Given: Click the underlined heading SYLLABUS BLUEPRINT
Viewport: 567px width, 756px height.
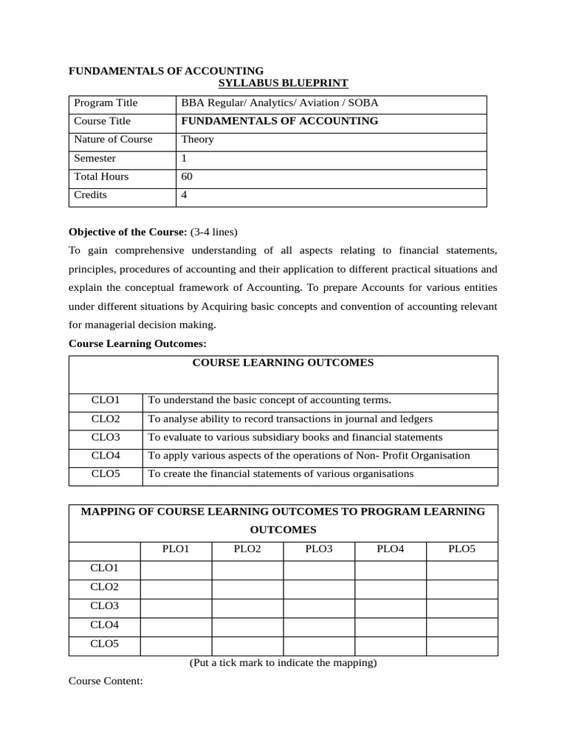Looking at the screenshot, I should pyautogui.click(x=283, y=83).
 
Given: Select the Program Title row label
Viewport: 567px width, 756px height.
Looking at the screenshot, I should pyautogui.click(x=106, y=103).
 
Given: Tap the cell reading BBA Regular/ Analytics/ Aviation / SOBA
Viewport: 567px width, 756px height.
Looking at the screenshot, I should pyautogui.click(x=280, y=103).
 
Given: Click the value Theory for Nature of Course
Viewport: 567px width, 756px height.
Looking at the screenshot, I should pyautogui.click(x=197, y=140).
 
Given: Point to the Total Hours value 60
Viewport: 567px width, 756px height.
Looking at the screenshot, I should pyautogui.click(x=187, y=176).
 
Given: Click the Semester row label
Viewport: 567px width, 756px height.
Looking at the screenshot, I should pyautogui.click(x=95, y=158).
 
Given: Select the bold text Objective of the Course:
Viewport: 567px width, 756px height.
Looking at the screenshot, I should pyautogui.click(x=128, y=231).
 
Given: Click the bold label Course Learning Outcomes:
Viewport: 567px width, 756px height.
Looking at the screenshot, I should pyautogui.click(x=137, y=343).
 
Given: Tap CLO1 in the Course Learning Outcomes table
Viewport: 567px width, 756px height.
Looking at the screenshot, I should pyautogui.click(x=106, y=400).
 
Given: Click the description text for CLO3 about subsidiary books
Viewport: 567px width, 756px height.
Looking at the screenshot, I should pyautogui.click(x=295, y=437).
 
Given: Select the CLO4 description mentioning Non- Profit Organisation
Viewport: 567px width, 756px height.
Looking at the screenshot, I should pyautogui.click(x=309, y=456).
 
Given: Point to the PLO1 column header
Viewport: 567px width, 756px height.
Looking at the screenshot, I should pyautogui.click(x=176, y=549).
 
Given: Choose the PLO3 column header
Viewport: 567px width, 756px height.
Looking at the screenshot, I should pyautogui.click(x=319, y=549).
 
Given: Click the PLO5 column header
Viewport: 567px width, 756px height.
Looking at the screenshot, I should pyautogui.click(x=462, y=549).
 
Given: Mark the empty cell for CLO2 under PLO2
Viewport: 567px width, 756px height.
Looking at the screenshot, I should pyautogui.click(x=247, y=588).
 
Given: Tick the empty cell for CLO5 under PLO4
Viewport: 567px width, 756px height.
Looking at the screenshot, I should pyautogui.click(x=391, y=645).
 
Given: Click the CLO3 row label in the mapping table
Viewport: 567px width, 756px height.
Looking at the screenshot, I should pyautogui.click(x=105, y=607).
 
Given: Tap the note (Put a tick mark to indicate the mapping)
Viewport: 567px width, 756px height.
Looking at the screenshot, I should pyautogui.click(x=283, y=663).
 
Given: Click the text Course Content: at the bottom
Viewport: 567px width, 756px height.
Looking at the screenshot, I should pyautogui.click(x=106, y=681).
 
